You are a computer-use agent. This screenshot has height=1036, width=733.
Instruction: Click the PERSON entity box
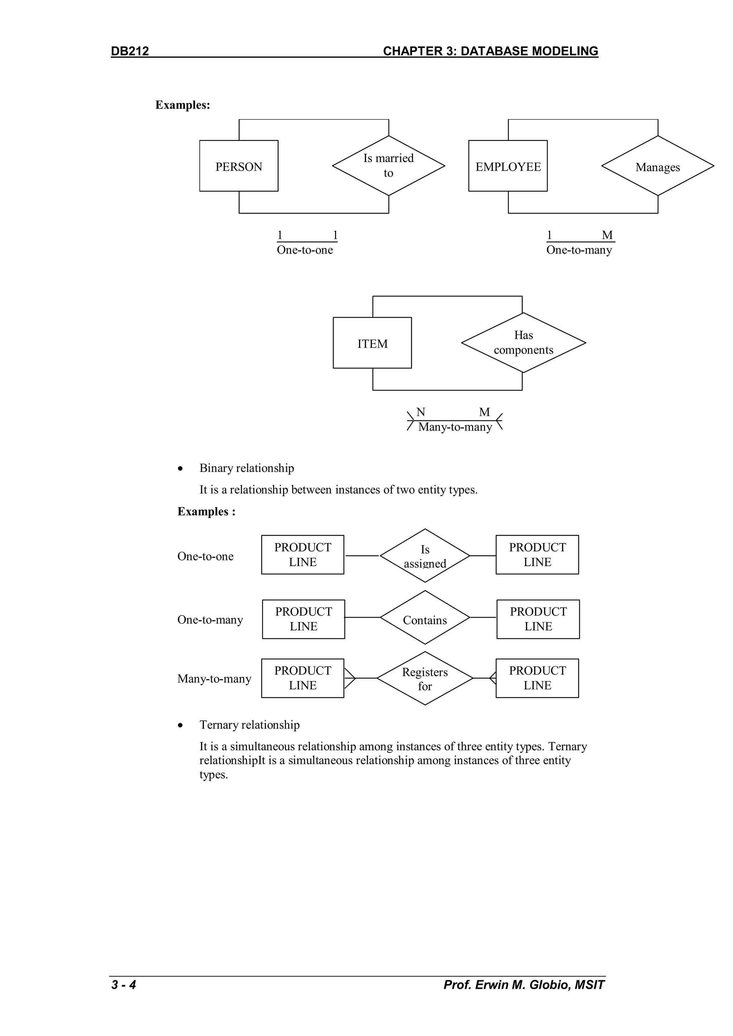pos(239,166)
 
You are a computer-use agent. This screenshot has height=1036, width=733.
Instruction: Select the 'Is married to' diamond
pos(388,166)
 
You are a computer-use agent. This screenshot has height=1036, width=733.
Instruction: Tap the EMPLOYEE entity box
pos(508,166)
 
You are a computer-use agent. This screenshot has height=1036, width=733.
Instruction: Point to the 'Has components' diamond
pos(523,343)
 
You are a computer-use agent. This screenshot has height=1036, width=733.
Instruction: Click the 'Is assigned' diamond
pos(425,556)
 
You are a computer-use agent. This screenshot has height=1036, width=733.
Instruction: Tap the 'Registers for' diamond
pos(425,678)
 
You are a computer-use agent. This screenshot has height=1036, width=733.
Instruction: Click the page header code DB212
pos(130,51)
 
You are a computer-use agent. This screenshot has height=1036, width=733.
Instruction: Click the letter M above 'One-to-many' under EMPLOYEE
pos(607,235)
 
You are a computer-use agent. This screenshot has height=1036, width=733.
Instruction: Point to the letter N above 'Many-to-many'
pos(421,412)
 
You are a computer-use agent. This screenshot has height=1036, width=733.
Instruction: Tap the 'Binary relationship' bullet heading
pos(247,468)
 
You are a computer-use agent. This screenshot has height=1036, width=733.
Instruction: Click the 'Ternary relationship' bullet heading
pos(249,725)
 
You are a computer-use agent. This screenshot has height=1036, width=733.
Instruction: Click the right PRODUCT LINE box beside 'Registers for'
pos(537,678)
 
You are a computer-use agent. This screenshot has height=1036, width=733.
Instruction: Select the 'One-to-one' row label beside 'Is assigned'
pos(205,556)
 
